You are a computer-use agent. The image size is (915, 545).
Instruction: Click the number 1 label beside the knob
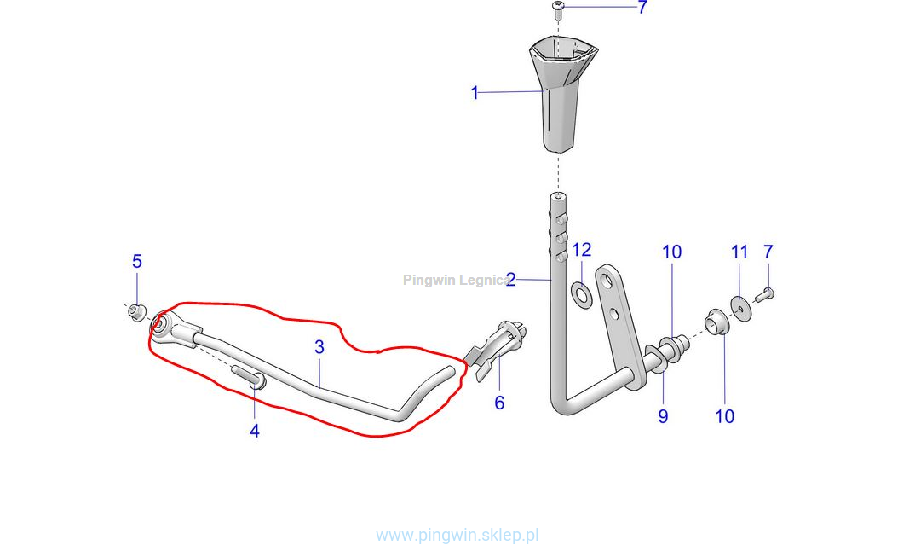475,93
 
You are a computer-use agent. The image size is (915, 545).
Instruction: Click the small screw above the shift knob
558,9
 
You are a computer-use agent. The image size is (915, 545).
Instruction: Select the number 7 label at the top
642,8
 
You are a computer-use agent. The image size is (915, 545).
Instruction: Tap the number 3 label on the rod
319,347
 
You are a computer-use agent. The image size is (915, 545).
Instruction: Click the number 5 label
137,262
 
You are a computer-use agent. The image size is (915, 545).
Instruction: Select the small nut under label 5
137,312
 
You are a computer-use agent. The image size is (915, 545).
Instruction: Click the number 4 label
254,431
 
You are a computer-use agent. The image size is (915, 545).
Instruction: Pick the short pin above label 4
247,376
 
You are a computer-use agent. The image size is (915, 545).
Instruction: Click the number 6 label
499,403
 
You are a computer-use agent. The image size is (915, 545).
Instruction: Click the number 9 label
663,416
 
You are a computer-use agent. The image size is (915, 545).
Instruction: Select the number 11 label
739,252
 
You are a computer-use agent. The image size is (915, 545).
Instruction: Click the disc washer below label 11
739,307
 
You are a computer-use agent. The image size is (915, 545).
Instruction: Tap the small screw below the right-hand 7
765,294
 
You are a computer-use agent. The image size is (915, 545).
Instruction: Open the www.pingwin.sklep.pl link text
457,535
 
